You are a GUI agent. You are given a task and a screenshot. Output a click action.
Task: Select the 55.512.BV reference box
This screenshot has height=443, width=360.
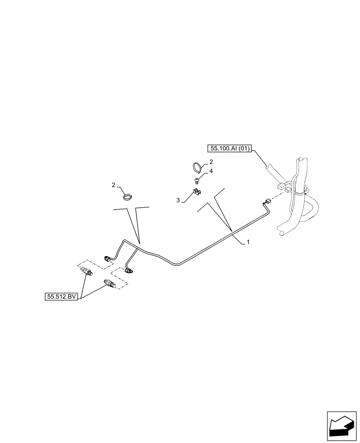61,297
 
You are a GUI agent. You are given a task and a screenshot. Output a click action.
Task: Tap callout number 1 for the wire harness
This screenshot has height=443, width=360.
248,242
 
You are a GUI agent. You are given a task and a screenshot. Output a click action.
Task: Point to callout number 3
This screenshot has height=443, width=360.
178,200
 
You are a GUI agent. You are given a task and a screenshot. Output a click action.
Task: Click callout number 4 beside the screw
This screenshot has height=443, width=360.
211,171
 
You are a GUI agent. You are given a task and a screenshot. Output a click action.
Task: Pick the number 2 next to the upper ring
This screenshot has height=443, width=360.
211,162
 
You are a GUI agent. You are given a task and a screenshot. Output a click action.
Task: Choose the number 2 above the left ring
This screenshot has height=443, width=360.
114,184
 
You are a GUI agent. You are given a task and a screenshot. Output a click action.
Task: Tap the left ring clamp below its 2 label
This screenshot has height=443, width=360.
127,195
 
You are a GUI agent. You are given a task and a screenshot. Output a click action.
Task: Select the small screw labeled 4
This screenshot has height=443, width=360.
196,179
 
